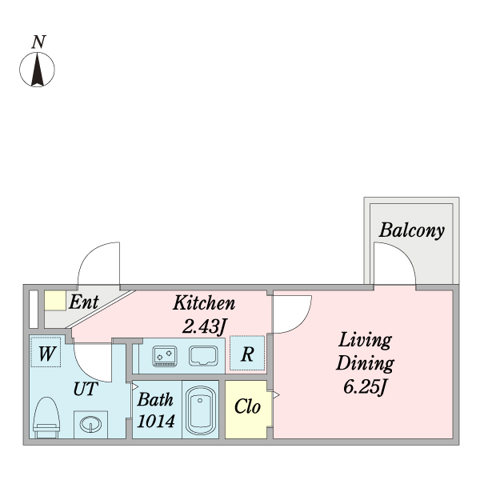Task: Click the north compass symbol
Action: (x=37, y=70)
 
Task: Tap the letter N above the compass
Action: (x=38, y=42)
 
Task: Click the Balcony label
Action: (x=411, y=230)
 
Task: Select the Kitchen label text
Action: (x=204, y=303)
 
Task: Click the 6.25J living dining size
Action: (x=365, y=389)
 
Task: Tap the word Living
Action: (x=365, y=339)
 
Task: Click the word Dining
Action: (x=365, y=364)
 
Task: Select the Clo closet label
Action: (x=247, y=406)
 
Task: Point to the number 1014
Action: (x=154, y=421)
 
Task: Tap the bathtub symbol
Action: (x=200, y=410)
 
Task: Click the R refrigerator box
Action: (x=247, y=354)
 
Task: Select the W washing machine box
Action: (x=46, y=354)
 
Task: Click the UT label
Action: (x=85, y=390)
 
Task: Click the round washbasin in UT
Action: (x=90, y=424)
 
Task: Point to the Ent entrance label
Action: (x=83, y=302)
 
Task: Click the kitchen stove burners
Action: (x=166, y=353)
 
